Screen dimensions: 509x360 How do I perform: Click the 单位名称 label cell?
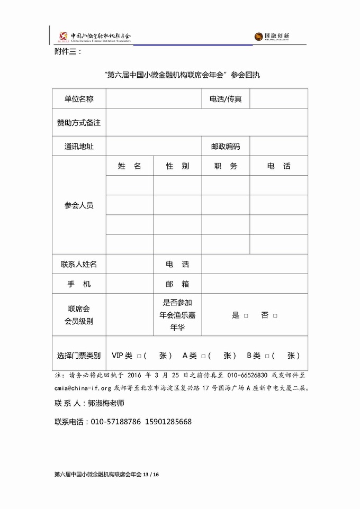[x=79, y=99]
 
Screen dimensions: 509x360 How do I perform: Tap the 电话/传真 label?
[x=226, y=99]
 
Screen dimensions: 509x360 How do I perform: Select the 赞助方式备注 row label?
[x=79, y=123]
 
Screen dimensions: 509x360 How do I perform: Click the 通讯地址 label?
[x=79, y=147]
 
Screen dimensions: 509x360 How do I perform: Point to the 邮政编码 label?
[x=226, y=147]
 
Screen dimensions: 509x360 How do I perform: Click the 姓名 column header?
[x=130, y=166]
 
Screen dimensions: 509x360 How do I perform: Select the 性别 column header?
[x=177, y=166]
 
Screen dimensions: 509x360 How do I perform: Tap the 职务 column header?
[x=226, y=166]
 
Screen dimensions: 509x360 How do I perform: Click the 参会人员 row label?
[x=79, y=205]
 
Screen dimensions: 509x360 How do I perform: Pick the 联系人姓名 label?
[x=79, y=264]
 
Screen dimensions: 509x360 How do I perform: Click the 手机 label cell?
[x=79, y=284]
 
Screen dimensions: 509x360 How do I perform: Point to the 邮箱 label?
[x=177, y=284]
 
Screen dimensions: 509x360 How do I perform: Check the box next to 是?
[x=246, y=316]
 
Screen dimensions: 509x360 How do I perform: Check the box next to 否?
[x=275, y=316]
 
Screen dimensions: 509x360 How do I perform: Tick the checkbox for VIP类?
[x=139, y=356]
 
